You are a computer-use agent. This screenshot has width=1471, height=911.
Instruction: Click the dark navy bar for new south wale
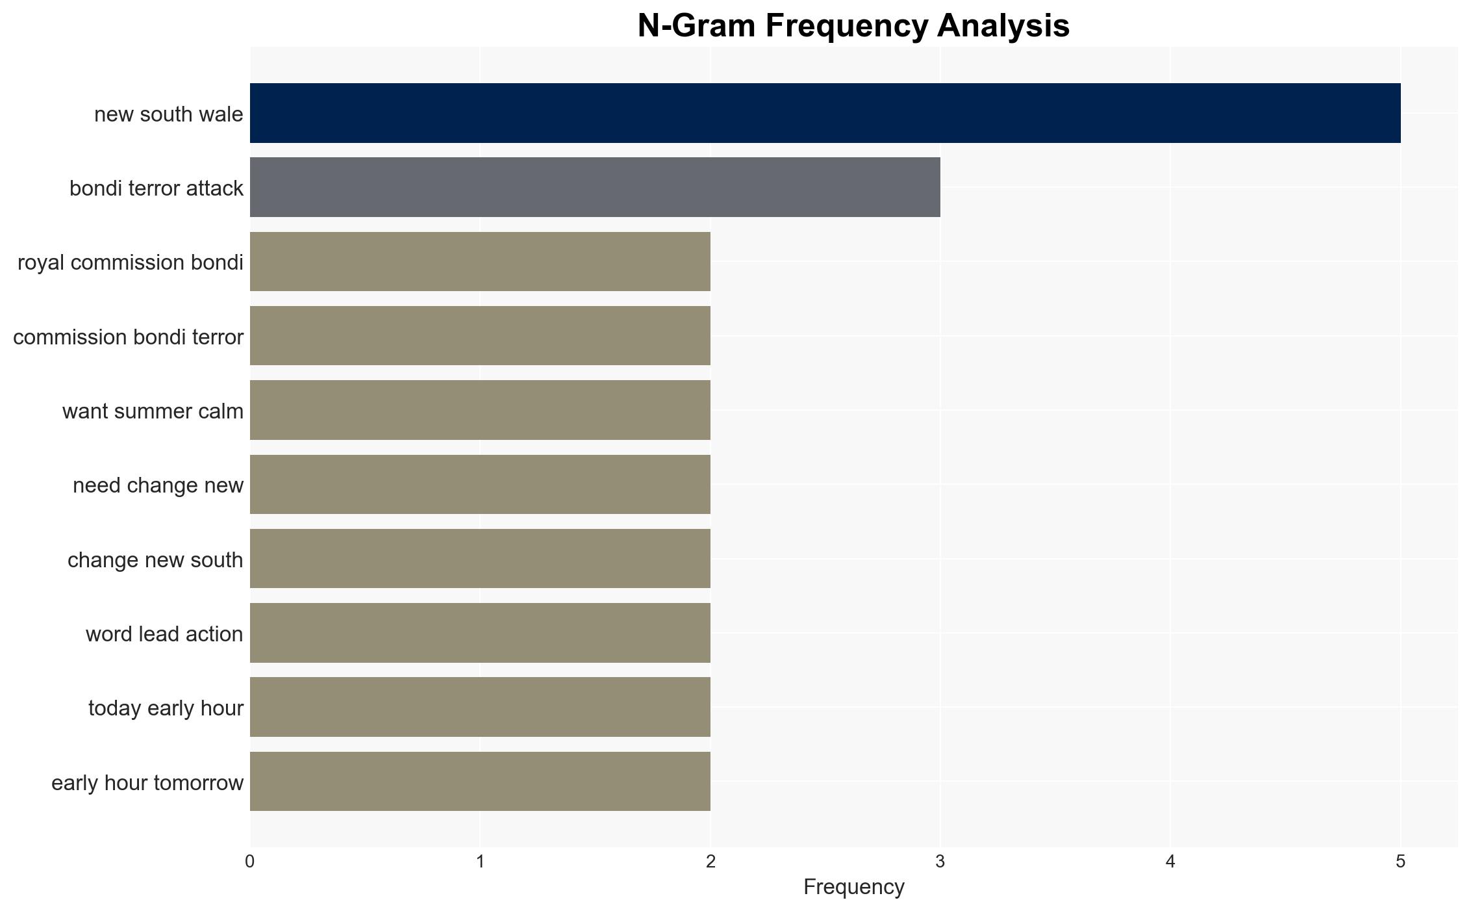click(x=825, y=113)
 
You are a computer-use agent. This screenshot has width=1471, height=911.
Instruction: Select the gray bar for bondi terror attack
click(x=595, y=187)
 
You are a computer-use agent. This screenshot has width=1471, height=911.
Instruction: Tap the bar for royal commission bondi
click(x=480, y=261)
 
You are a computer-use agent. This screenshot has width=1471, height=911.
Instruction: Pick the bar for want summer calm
click(x=480, y=410)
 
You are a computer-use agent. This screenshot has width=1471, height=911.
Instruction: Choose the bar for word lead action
click(x=480, y=633)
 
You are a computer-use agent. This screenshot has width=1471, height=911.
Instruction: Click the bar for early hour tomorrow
click(x=480, y=781)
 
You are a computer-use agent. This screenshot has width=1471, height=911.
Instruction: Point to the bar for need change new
click(x=480, y=484)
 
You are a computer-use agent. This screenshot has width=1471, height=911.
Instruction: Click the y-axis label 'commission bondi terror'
click(x=128, y=337)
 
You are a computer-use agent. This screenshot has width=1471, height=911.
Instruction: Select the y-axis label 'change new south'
click(x=155, y=560)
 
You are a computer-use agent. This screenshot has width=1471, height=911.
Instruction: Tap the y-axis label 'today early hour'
click(x=166, y=708)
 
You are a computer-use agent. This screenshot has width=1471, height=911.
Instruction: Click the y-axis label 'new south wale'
click(x=169, y=114)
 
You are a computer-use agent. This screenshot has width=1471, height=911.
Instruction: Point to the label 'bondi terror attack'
click(x=157, y=188)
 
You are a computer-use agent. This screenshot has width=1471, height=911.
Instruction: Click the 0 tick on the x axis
click(x=250, y=862)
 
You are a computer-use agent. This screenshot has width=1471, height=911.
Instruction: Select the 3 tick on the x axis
click(x=940, y=862)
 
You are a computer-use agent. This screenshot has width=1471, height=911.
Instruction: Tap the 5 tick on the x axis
click(x=1401, y=862)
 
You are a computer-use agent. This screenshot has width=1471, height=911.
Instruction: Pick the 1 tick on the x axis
click(x=480, y=862)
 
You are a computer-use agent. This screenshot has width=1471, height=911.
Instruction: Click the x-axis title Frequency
click(x=853, y=887)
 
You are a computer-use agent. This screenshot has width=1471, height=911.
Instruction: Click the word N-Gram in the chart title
click(x=697, y=26)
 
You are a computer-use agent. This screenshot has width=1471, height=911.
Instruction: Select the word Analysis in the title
click(x=1003, y=27)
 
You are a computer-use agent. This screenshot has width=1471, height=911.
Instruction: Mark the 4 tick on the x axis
click(x=1170, y=862)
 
